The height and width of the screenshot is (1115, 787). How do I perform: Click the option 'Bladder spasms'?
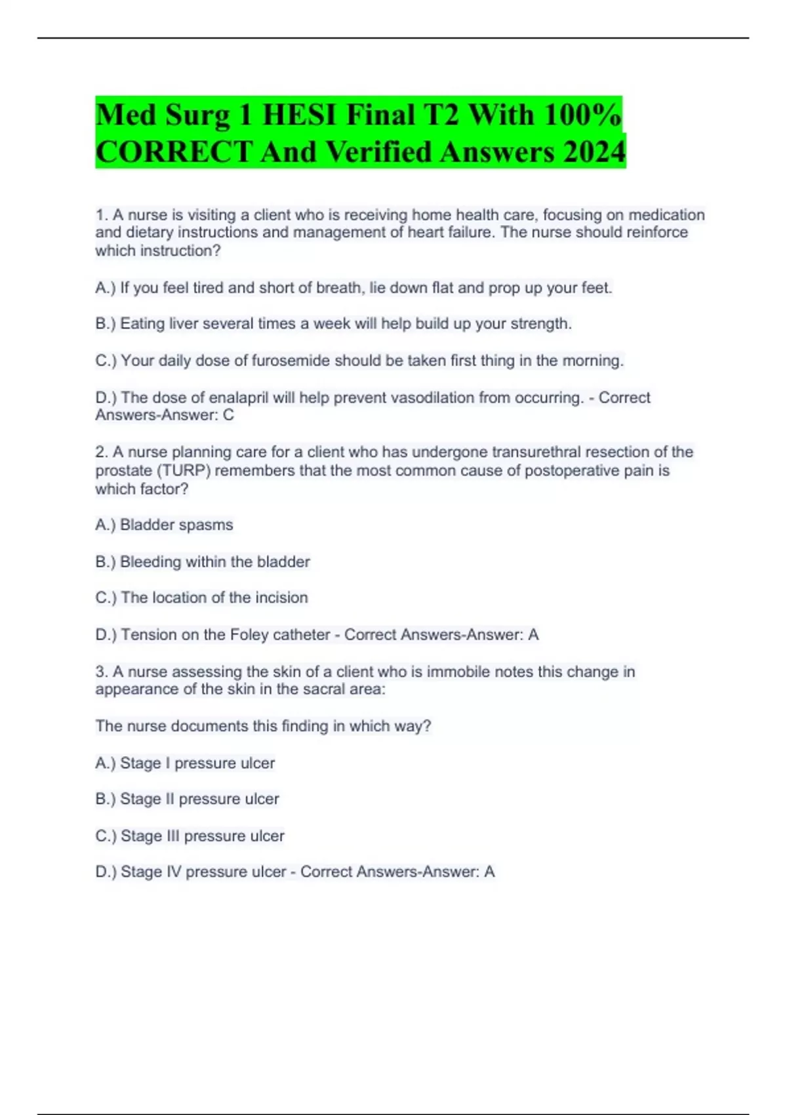pos(176,525)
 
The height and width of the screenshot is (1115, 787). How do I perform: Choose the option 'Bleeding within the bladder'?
pos(214,561)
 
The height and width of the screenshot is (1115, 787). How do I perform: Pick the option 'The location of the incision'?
pos(214,598)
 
